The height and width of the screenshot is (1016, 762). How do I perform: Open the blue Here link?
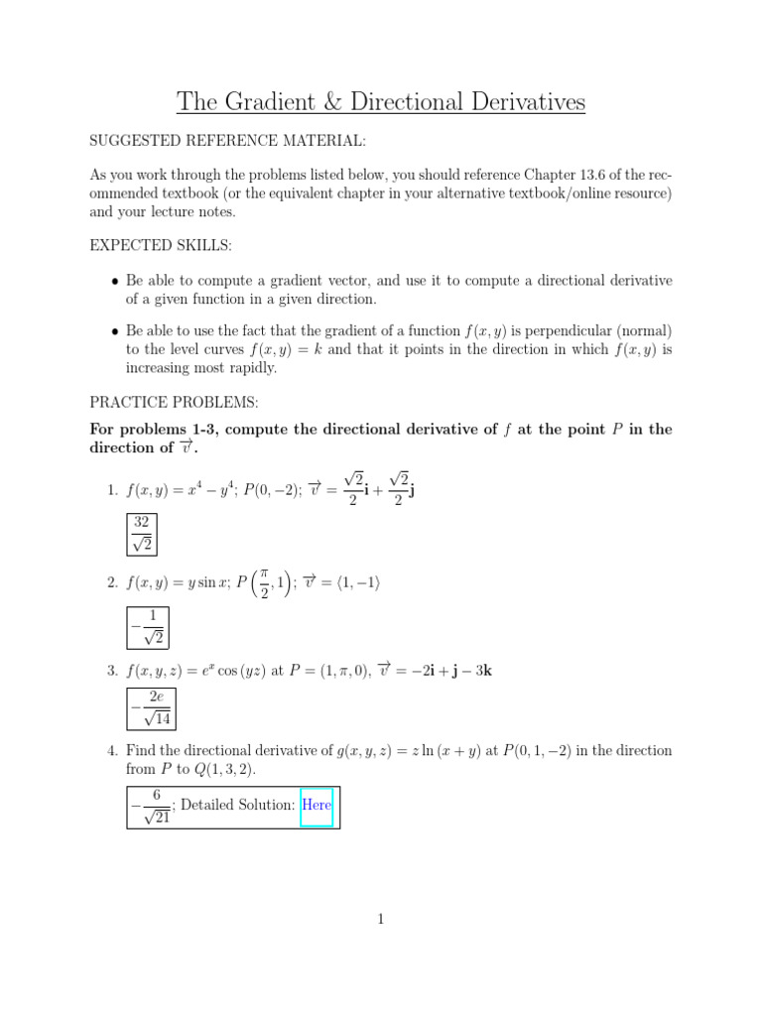pyautogui.click(x=317, y=805)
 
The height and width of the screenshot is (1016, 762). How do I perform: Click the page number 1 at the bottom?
pyautogui.click(x=380, y=920)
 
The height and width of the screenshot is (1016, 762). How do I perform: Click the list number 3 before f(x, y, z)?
pyautogui.click(x=112, y=670)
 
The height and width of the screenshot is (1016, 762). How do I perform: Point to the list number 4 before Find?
pyautogui.click(x=112, y=750)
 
